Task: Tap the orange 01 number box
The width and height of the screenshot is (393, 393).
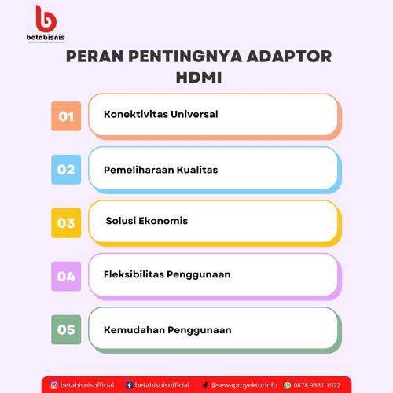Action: (x=65, y=116)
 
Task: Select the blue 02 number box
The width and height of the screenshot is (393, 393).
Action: (x=65, y=169)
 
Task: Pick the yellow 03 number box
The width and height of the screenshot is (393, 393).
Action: (x=65, y=222)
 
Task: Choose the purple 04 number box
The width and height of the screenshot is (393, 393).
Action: (x=65, y=276)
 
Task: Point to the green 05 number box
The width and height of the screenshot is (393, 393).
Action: (x=65, y=329)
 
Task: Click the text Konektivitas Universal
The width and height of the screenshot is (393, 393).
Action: (x=160, y=114)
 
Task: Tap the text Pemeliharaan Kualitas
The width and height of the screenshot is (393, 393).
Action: (x=160, y=169)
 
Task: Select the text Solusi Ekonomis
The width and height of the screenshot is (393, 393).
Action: (x=147, y=221)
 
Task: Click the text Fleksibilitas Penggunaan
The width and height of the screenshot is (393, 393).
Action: (x=167, y=275)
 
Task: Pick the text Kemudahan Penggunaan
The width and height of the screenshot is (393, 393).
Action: (x=167, y=329)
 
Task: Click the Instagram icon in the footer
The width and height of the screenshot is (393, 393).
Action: (x=54, y=385)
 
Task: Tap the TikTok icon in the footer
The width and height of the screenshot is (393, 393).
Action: (x=205, y=385)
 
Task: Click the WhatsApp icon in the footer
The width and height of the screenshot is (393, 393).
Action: (x=287, y=385)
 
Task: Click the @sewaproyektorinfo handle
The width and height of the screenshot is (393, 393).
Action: (x=244, y=385)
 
